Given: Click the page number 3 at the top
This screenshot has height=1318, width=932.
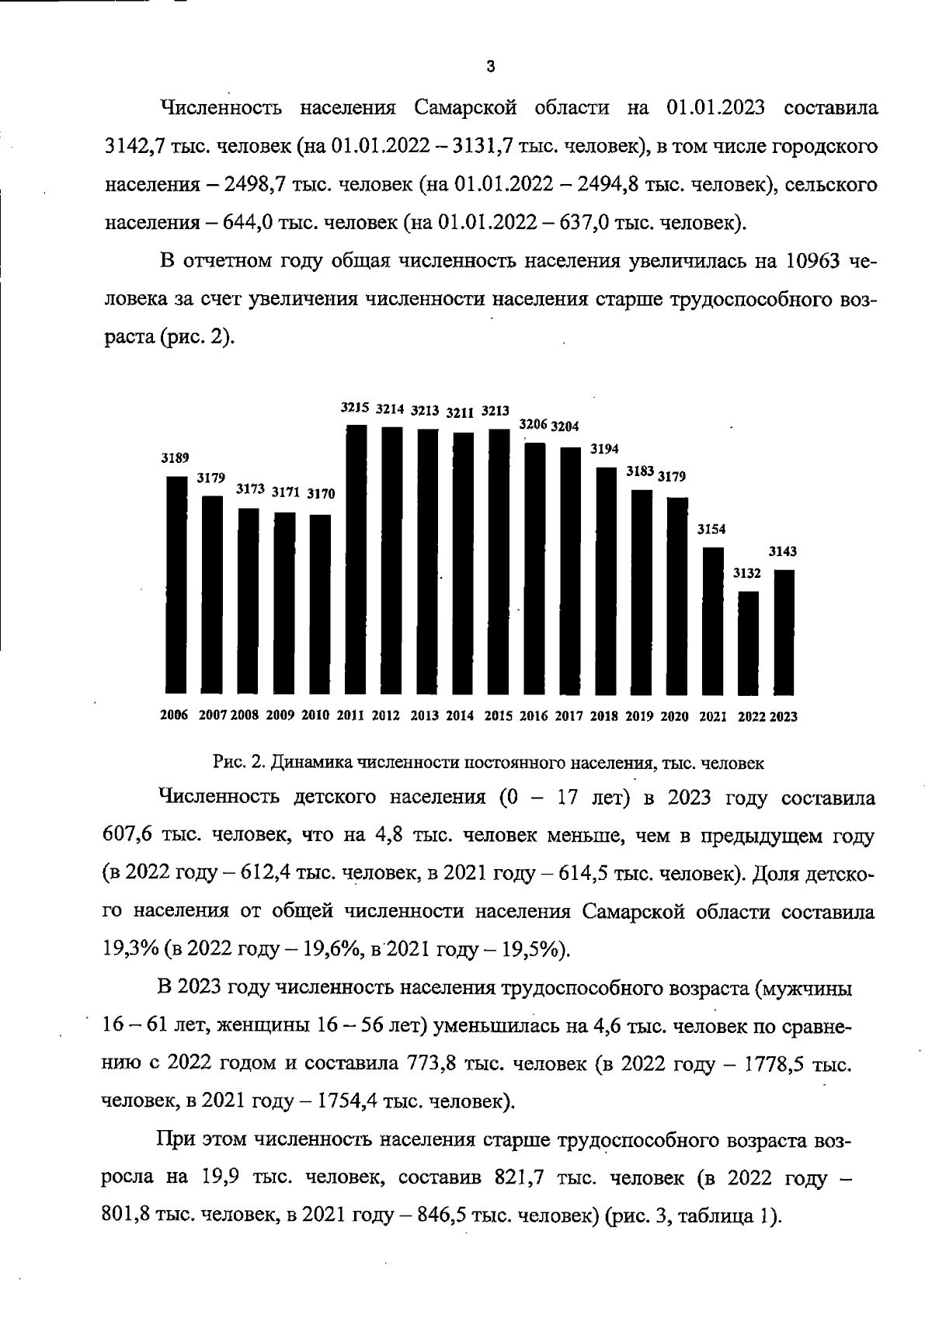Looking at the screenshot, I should click(x=490, y=67).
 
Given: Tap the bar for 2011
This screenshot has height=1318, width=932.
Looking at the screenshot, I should click(x=356, y=559).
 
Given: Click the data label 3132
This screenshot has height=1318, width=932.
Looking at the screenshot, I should click(x=747, y=573).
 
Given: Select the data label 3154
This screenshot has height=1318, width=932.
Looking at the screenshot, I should click(x=711, y=530).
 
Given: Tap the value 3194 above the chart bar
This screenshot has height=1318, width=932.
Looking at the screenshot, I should click(x=604, y=450).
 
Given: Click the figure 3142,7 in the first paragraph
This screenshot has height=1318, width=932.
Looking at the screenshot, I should click(x=131, y=146).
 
